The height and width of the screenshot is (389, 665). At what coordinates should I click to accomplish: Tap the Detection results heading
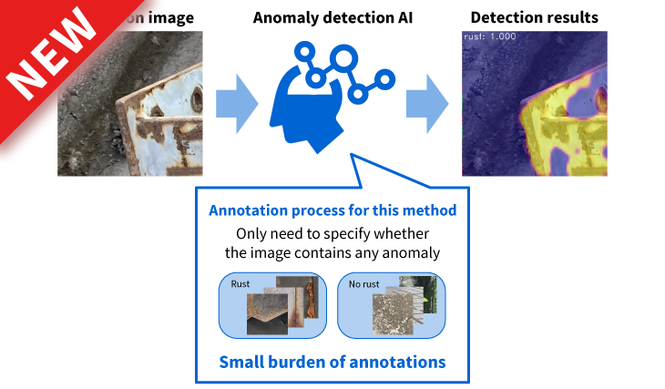pos(535,17)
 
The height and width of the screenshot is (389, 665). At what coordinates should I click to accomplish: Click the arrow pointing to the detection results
pos(428,97)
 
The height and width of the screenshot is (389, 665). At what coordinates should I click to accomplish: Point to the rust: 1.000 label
pos(488,36)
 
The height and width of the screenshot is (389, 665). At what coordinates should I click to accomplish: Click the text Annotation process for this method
pos(332,210)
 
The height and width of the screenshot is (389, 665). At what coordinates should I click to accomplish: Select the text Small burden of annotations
pos(332,362)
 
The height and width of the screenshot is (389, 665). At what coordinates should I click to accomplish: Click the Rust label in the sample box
pos(240,283)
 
